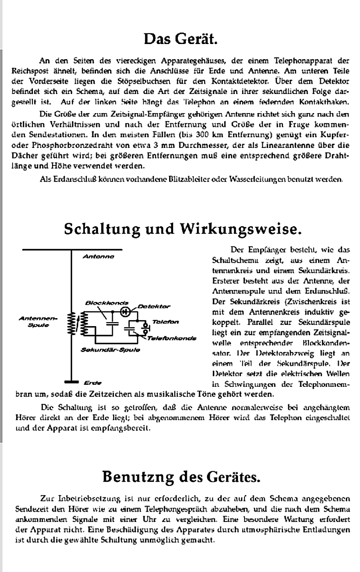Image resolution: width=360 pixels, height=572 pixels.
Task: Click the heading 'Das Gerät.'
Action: (x=180, y=39)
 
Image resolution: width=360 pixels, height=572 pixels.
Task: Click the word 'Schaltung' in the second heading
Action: (x=98, y=229)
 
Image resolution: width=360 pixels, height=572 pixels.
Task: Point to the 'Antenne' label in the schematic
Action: (x=98, y=257)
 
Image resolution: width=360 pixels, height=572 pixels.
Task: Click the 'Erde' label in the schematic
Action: (x=93, y=383)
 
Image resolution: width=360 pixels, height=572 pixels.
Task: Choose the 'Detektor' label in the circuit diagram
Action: (x=154, y=306)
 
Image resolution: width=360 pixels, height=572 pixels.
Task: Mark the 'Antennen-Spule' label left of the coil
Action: (x=38, y=322)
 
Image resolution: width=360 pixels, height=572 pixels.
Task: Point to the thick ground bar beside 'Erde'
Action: (x=71, y=382)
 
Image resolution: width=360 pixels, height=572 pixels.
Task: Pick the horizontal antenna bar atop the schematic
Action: (x=72, y=250)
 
